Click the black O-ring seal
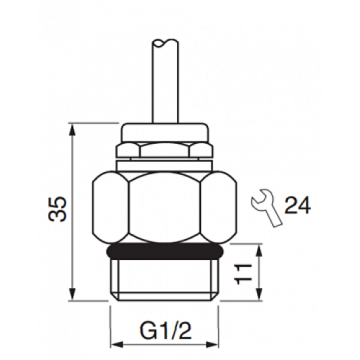coord(166,252)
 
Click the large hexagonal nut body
coord(166,209)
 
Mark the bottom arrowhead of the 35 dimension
coord(73,297)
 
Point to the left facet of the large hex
coord(108,209)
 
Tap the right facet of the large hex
coord(224,209)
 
